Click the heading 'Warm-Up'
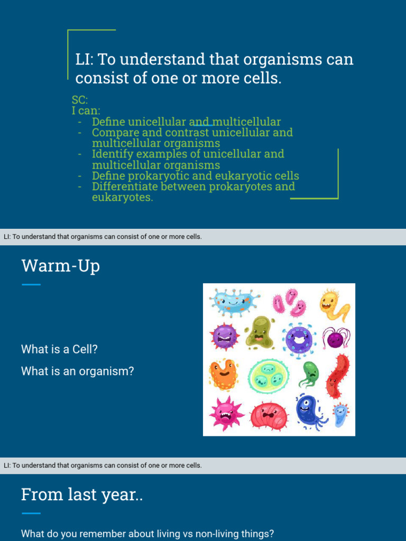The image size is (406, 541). coord(60,266)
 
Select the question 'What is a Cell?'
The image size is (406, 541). coord(60,349)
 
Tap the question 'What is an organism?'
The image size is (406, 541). coord(78,371)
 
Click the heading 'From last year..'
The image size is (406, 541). coord(82,495)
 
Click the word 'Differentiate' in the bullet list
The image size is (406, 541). coord(122,186)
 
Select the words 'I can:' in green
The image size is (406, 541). coord(86,111)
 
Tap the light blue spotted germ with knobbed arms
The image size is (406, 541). coord(234,302)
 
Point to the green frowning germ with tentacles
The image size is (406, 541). coord(310,374)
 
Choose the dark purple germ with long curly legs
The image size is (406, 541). coord(336,338)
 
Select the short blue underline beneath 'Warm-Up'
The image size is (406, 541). coord(31,285)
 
